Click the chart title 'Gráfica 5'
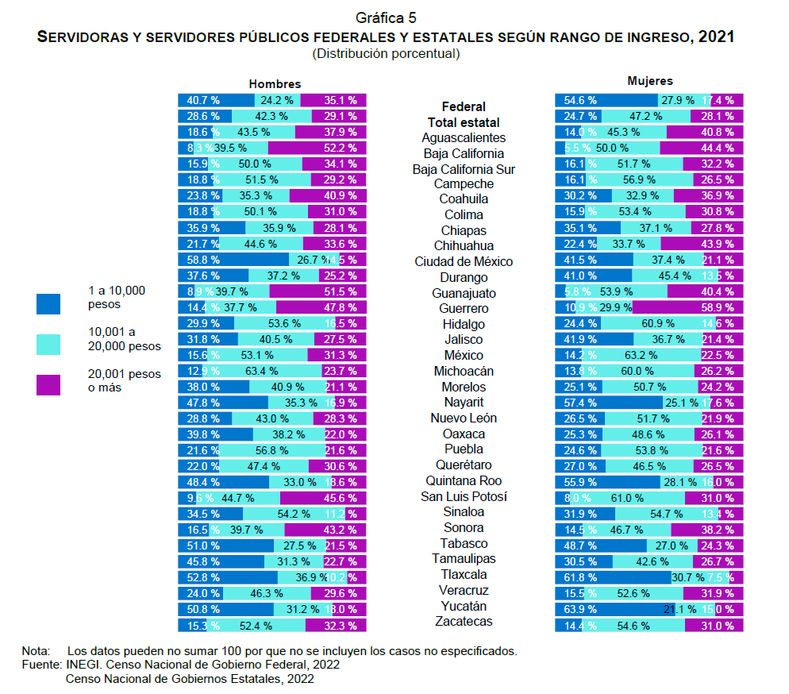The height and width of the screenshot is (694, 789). click(386, 17)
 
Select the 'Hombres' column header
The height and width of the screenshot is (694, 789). click(275, 83)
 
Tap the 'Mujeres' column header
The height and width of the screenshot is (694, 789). click(649, 81)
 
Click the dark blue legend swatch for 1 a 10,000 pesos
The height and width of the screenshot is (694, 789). click(48, 303)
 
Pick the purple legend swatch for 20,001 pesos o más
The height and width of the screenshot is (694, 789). click(48, 384)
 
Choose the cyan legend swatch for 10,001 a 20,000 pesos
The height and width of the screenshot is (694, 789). click(48, 344)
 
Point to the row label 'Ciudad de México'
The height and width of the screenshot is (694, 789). click(464, 262)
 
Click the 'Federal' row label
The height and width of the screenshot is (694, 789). click(464, 106)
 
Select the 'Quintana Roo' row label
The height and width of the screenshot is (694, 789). click(464, 481)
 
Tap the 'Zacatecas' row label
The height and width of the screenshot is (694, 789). click(464, 622)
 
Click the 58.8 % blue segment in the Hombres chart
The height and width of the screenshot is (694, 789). click(233, 260)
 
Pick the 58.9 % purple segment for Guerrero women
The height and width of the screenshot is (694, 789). click(687, 307)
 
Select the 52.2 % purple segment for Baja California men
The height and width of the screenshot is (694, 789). click(318, 148)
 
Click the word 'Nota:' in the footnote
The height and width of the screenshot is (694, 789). click(36, 651)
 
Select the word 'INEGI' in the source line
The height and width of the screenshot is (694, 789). click(81, 665)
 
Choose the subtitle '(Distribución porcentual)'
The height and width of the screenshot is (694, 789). click(386, 54)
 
